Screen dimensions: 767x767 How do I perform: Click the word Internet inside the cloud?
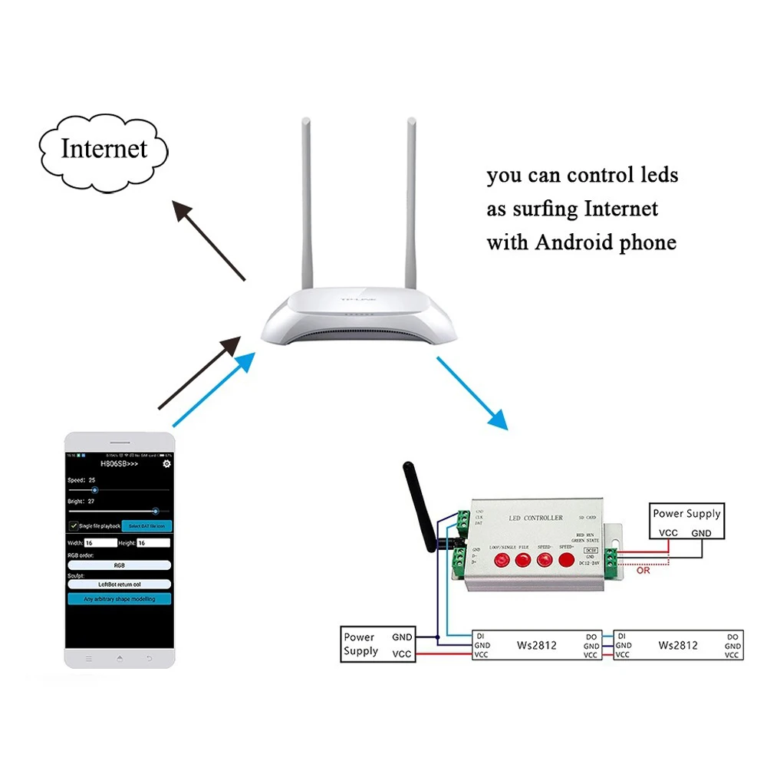click(x=104, y=148)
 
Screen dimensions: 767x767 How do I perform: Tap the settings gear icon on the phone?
click(x=166, y=464)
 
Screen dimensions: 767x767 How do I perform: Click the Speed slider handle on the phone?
click(x=94, y=489)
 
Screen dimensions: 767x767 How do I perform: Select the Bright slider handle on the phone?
click(x=156, y=509)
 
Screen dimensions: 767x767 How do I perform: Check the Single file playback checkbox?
click(x=74, y=525)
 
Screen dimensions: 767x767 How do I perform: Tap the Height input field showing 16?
click(x=153, y=542)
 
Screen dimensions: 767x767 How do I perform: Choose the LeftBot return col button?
click(x=119, y=584)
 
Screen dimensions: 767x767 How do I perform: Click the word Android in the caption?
click(x=582, y=243)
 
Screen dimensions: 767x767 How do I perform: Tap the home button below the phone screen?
click(x=119, y=658)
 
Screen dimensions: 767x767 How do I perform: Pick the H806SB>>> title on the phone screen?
click(x=120, y=464)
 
